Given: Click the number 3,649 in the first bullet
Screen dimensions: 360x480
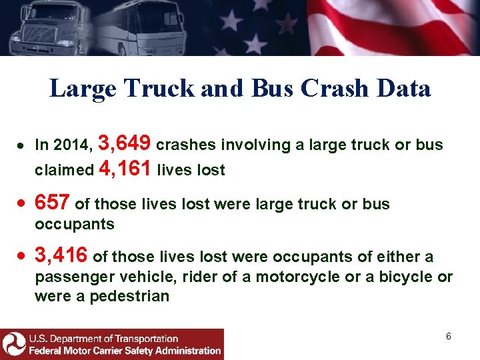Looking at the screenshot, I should pyautogui.click(x=127, y=143).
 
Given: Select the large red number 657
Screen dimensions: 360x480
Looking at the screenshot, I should pyautogui.click(x=53, y=202).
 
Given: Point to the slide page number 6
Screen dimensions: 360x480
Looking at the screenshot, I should pyautogui.click(x=449, y=336).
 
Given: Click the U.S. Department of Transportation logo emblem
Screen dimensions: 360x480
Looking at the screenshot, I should pyautogui.click(x=13, y=344).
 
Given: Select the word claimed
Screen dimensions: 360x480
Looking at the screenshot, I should pyautogui.click(x=64, y=171).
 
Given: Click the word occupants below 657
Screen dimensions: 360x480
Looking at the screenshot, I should pyautogui.click(x=75, y=224).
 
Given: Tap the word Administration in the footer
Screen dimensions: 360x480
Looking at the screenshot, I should pyautogui.click(x=182, y=350).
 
